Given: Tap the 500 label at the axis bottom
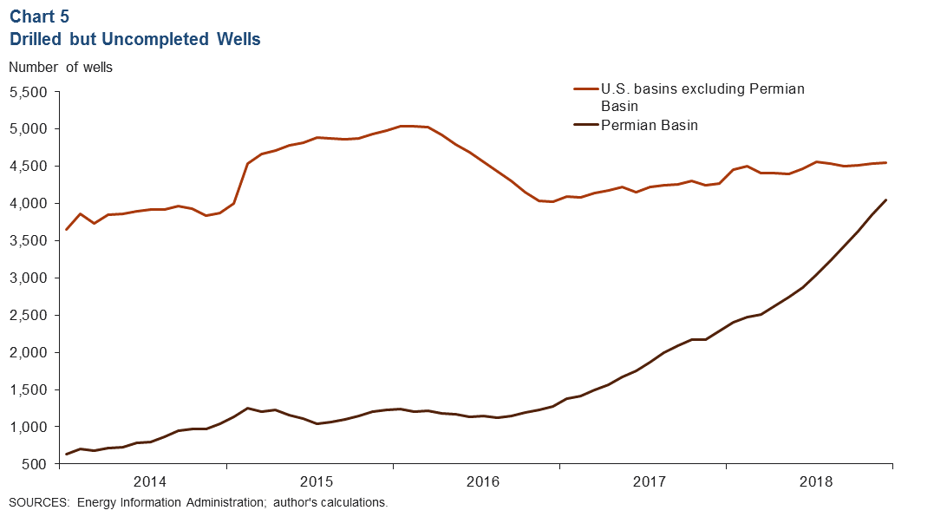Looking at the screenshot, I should tap(37, 465).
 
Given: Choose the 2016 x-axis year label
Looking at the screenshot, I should tap(482, 481).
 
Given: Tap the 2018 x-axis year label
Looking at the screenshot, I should tap(815, 481).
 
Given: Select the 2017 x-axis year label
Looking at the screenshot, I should tap(649, 481).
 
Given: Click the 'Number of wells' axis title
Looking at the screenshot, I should tap(61, 66).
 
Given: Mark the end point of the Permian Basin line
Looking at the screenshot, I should tap(885, 200).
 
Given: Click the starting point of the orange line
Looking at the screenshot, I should tap(67, 229).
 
